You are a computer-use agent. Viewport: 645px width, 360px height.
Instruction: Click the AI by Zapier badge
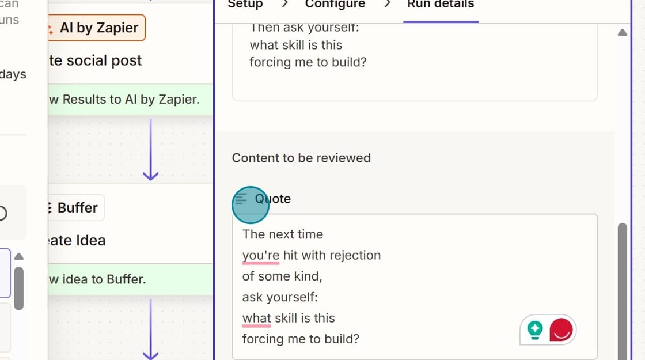[x=97, y=28]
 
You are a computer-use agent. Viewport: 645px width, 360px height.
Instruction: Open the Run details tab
[x=441, y=5]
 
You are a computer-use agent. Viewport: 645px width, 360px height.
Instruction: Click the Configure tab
[x=335, y=5]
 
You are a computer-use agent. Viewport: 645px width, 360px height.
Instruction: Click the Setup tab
[x=245, y=5]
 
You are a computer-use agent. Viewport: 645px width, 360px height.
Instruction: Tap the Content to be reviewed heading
[x=301, y=158]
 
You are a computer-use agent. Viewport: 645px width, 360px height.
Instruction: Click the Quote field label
[x=273, y=199]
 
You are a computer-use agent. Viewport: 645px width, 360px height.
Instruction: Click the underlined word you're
[x=261, y=255]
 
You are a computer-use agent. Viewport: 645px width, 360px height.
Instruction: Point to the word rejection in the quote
[x=352, y=255]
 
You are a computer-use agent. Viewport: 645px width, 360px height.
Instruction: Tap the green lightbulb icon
[x=535, y=329]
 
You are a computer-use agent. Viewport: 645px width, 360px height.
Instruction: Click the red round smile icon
[x=561, y=329]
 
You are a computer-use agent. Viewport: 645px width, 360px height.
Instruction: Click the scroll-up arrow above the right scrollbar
[x=622, y=33]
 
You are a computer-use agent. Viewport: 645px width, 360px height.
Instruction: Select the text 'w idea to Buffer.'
[x=97, y=279]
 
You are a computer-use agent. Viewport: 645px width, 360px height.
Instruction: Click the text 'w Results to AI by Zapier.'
[x=124, y=99]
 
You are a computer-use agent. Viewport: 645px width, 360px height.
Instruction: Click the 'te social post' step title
[x=95, y=60]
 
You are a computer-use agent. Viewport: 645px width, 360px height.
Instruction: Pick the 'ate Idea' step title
[x=77, y=240]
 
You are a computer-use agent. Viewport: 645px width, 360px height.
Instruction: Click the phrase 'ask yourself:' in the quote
[x=280, y=297]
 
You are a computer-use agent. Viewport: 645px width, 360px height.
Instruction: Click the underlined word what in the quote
[x=256, y=318]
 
